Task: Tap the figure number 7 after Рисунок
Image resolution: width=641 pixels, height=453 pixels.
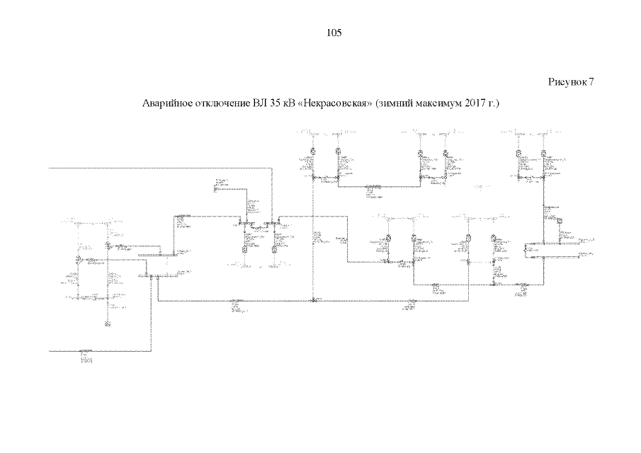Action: (x=590, y=82)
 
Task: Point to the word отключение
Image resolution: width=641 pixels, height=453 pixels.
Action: (x=221, y=104)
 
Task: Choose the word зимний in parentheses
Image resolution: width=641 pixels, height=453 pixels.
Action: (x=396, y=104)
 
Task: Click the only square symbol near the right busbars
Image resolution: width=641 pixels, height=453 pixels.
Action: (x=558, y=222)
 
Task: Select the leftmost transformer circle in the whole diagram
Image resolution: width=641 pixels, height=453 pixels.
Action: (x=79, y=260)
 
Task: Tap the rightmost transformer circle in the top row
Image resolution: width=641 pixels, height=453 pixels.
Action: (x=543, y=152)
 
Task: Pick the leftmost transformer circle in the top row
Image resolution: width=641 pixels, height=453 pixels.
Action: (x=312, y=152)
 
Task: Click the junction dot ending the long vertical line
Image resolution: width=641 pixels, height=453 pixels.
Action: (x=312, y=301)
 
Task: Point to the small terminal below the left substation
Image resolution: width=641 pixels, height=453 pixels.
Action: (x=108, y=324)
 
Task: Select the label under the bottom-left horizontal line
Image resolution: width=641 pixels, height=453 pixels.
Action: (x=86, y=356)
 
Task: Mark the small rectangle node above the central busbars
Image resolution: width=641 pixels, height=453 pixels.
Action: (x=217, y=186)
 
